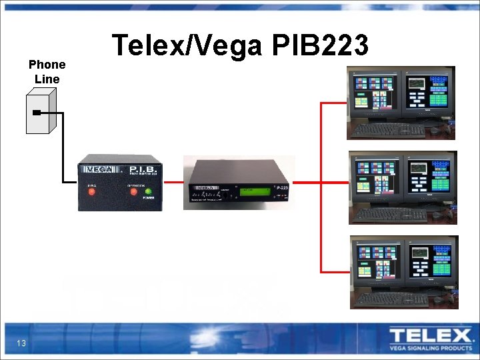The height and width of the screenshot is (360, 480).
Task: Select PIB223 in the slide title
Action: point(321,46)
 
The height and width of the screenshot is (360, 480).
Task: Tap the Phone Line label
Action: point(47,72)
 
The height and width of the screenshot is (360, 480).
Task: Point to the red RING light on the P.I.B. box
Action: point(93,192)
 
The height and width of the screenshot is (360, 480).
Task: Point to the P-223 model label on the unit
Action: point(281,188)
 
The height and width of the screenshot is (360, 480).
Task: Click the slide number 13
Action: point(21,343)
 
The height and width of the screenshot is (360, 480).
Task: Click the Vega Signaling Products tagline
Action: point(429,347)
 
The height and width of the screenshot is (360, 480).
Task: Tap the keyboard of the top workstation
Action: point(387,129)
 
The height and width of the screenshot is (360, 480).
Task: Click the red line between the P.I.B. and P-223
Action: point(173,182)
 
